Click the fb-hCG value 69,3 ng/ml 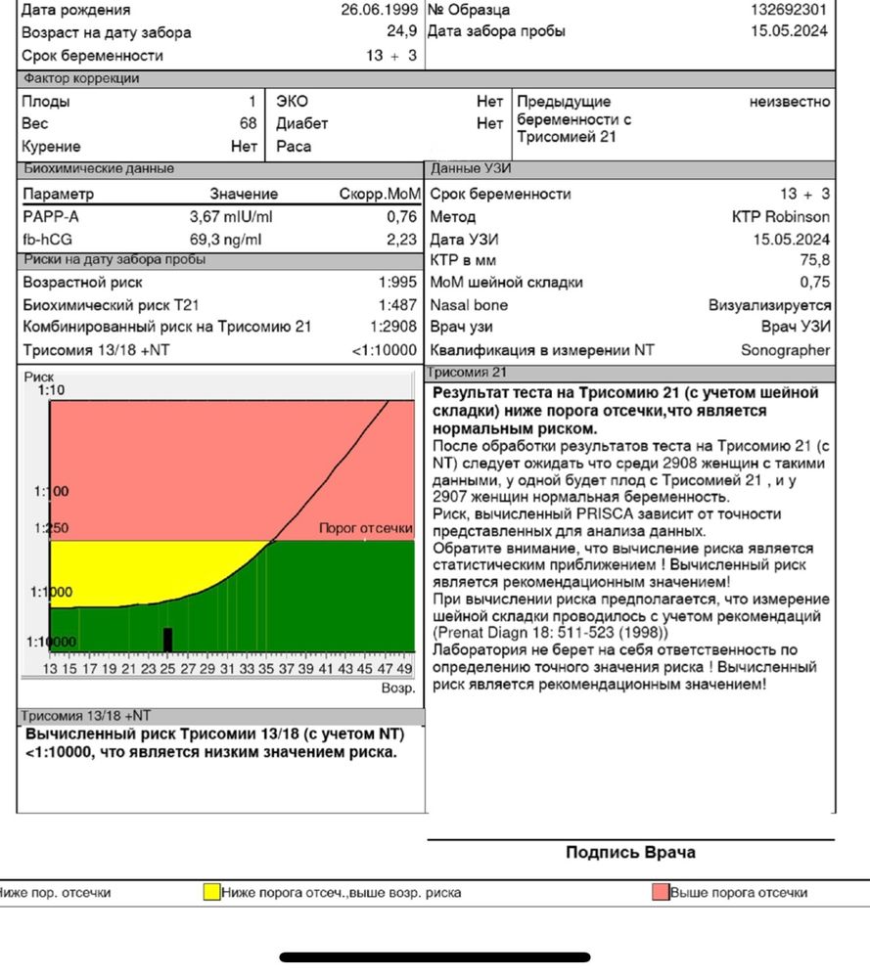coord(225,239)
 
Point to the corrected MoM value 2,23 coord(401,239)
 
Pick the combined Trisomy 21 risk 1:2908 coord(393,327)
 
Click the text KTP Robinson coord(780,216)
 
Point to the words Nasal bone coord(469,305)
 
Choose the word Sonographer coord(785,349)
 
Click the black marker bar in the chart coord(167,640)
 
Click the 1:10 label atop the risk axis coord(51,390)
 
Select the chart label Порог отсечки coord(366,528)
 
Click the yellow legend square coord(211,892)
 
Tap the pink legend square coord(661,892)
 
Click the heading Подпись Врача coord(630,853)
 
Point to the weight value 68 coord(248,123)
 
